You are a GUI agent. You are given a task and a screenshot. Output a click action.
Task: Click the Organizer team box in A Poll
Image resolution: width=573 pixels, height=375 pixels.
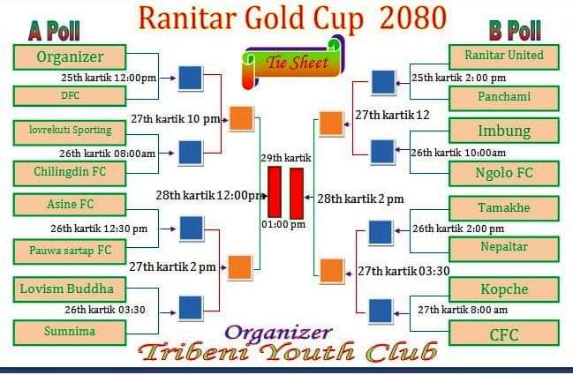point(70,57)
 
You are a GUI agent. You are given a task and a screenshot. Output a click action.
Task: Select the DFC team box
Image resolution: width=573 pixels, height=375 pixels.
point(70,96)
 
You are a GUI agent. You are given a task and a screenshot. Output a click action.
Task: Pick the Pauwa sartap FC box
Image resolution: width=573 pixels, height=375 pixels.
point(70,251)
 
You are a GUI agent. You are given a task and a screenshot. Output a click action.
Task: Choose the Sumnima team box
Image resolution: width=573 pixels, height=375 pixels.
point(70,333)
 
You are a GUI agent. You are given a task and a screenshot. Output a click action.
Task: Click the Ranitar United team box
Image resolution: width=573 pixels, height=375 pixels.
point(504,57)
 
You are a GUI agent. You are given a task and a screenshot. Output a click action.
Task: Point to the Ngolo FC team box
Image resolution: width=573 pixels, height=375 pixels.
point(504,174)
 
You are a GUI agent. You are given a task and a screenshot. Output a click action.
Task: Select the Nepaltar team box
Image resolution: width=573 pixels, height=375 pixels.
point(504,249)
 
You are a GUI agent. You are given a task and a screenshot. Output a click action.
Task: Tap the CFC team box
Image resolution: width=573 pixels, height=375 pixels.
point(504,333)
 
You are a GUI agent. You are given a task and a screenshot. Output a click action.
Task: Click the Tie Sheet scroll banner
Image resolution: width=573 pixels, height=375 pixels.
point(293,63)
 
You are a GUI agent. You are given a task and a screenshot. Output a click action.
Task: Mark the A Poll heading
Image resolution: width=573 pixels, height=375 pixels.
point(54,31)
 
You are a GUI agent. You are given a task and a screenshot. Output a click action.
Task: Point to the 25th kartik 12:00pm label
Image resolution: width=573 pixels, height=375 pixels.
point(109,78)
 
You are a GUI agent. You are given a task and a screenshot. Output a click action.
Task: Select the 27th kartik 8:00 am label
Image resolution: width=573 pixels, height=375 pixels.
point(463,310)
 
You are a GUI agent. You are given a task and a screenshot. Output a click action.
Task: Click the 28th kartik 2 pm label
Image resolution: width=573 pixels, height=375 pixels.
point(360,199)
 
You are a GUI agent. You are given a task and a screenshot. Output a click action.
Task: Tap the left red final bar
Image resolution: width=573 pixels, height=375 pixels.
point(275,192)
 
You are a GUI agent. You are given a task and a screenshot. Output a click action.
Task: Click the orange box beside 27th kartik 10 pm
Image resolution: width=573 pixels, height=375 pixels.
point(241,118)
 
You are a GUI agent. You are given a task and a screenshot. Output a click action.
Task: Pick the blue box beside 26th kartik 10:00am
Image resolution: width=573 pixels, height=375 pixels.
point(382,152)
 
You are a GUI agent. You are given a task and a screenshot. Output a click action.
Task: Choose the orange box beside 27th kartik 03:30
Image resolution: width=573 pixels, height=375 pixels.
point(332,271)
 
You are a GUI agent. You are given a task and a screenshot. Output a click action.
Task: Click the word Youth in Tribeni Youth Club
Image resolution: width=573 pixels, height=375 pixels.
point(308,352)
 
